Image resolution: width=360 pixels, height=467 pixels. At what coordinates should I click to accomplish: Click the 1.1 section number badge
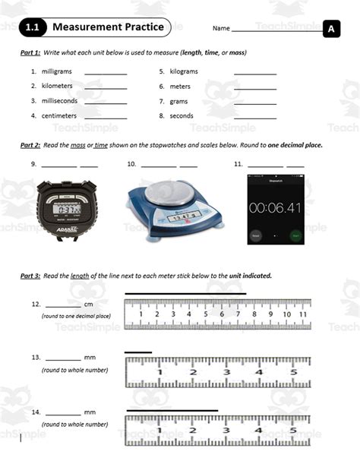[33, 28]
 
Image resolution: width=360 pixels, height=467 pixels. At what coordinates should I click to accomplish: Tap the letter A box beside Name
[331, 29]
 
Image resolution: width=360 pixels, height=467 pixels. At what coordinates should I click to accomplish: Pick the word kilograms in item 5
[183, 71]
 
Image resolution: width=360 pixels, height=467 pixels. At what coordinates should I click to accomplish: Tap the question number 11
[238, 164]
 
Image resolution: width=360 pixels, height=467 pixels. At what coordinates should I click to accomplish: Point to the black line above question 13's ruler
[138, 352]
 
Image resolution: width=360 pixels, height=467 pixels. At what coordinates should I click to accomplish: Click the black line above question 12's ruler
[185, 293]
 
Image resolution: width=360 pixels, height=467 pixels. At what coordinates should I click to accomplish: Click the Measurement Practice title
[108, 28]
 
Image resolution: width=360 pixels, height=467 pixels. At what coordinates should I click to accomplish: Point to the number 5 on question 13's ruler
[293, 372]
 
